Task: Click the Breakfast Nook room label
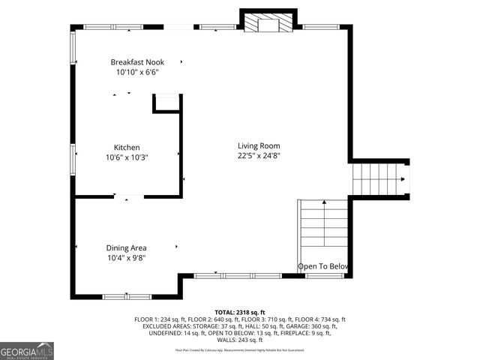tap(137, 62)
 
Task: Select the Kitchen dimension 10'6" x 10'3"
tap(127, 157)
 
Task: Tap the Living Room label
tap(259, 145)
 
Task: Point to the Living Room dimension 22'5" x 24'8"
tap(259, 156)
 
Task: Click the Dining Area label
tap(126, 247)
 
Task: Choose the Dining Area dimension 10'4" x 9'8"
tap(126, 258)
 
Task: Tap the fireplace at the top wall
tap(267, 22)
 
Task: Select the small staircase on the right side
tap(379, 179)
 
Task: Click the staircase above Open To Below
tap(323, 229)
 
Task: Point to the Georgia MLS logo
tap(27, 350)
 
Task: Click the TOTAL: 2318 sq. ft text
tap(240, 312)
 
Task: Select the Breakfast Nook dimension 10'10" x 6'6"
tap(137, 73)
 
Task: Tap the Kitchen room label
tap(127, 148)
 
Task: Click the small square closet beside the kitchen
tap(167, 103)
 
